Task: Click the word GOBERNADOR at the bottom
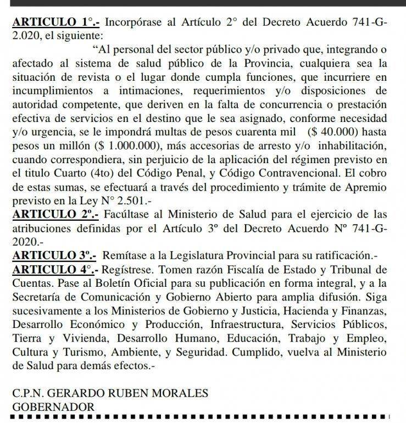52,407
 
